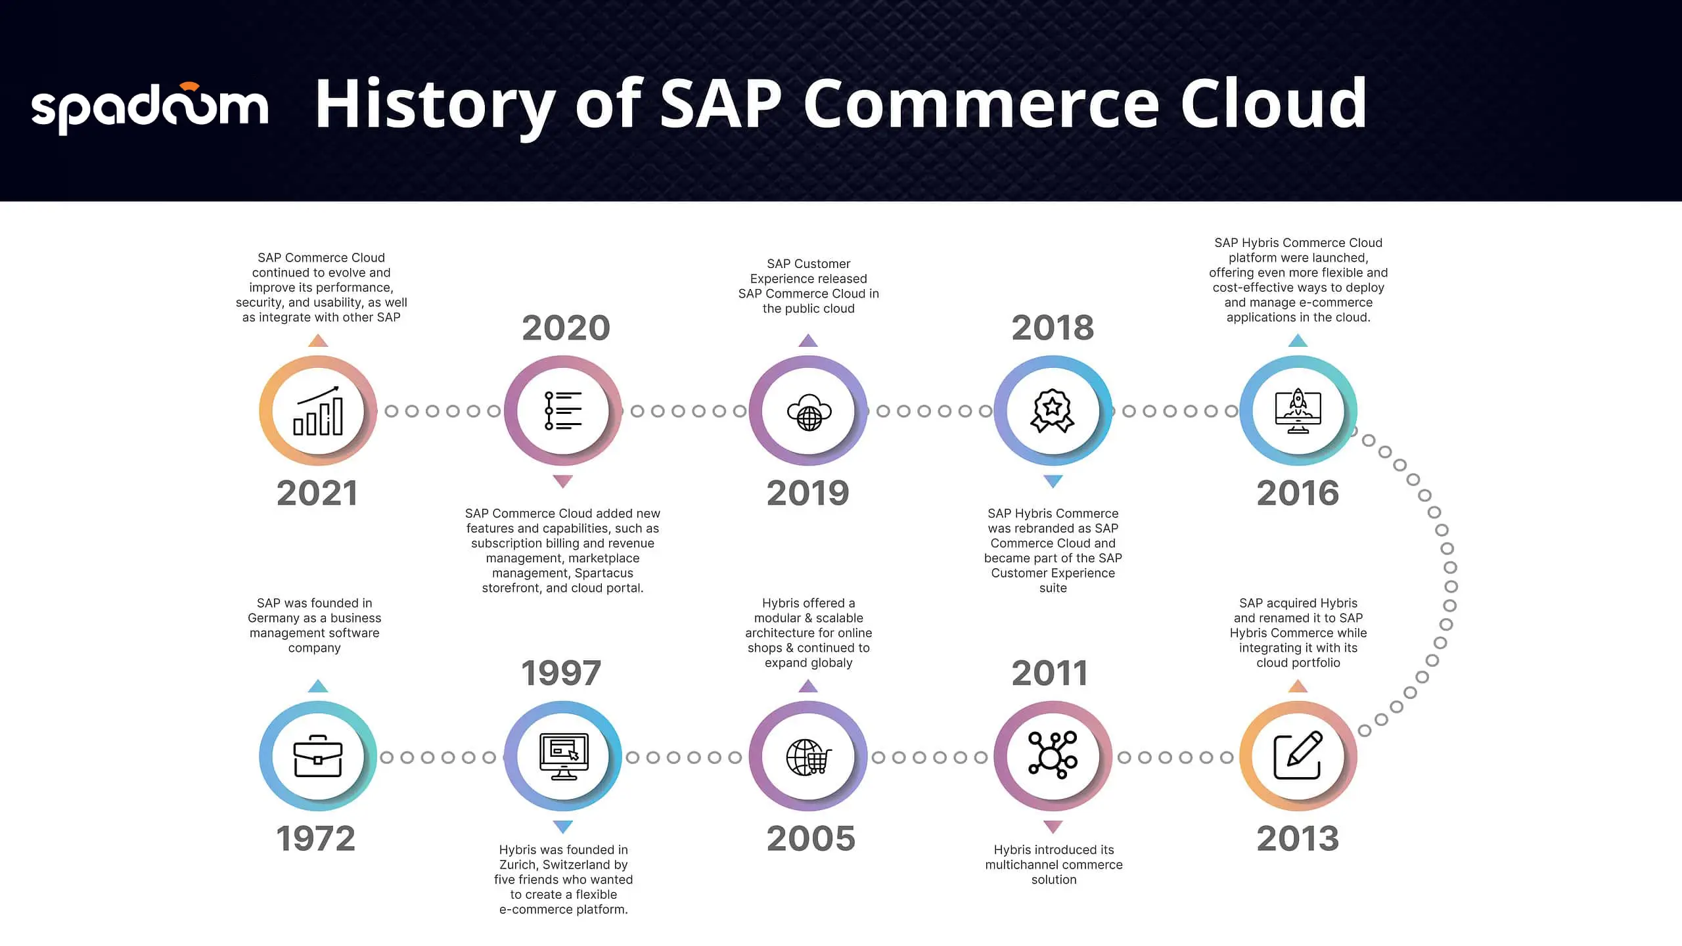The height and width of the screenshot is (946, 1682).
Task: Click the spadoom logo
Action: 150,108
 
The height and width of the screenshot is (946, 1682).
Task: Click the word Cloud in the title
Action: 1273,103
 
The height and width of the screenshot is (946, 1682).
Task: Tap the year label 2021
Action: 317,493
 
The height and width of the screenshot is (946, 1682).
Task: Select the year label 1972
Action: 316,839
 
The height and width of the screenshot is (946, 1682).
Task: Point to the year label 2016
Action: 1298,493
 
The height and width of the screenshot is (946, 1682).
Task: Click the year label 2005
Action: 811,839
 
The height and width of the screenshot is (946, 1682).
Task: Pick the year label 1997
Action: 561,673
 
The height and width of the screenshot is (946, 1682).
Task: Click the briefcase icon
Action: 318,756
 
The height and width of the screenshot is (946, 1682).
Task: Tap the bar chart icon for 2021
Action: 318,411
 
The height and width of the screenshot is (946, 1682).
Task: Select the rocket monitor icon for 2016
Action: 1298,411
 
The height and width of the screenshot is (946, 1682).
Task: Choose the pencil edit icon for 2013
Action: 1298,755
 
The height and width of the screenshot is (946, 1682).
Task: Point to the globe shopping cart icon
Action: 809,757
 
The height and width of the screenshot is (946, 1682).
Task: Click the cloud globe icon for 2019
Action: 809,413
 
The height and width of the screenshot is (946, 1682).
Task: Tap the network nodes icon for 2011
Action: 1053,755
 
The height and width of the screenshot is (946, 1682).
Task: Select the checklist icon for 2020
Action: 563,411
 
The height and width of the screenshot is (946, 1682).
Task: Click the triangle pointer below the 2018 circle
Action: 1053,482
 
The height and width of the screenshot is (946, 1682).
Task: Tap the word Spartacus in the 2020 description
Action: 604,574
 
